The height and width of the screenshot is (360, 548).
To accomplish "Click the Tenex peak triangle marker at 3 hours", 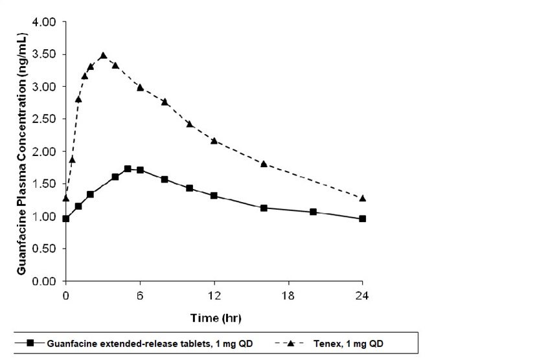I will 103,56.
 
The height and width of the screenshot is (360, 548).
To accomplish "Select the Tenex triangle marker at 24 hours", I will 363,198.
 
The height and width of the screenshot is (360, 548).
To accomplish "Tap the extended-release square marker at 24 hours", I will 363,219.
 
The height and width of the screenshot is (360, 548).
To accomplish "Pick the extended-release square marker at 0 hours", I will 65,219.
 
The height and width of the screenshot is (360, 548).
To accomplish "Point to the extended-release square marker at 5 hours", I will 128,169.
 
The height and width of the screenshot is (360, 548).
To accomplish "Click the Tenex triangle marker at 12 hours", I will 214,141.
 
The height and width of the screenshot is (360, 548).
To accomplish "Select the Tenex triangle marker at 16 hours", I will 264,164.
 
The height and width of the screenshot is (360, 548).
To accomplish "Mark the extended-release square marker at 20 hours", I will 314,212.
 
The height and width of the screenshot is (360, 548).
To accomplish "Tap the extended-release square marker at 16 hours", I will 264,208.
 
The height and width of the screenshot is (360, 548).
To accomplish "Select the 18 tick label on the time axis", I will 288,295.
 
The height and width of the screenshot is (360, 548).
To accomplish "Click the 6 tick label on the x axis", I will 140,295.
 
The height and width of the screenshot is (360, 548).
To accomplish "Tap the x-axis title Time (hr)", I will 214,318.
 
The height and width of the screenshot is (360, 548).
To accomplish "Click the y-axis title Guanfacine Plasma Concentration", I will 21,152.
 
